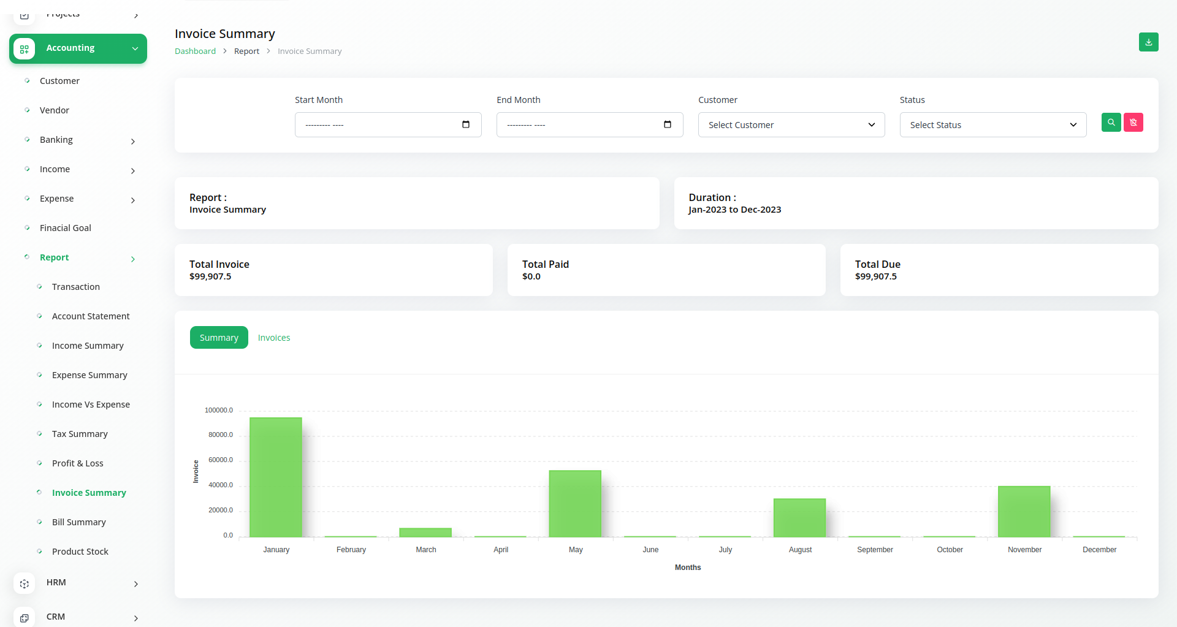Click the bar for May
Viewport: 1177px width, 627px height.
pos(575,503)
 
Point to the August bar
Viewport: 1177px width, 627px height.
pos(799,517)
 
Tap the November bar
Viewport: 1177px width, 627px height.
pos(1024,511)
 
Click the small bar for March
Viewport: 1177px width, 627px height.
pos(425,532)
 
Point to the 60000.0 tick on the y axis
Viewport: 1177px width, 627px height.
pos(221,460)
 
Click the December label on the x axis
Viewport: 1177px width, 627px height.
pos(1099,550)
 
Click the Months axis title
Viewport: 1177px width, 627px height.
pos(688,568)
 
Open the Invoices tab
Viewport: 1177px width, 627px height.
pos(274,338)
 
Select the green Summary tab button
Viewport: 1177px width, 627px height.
pos(219,338)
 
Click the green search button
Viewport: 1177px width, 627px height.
pos(1111,123)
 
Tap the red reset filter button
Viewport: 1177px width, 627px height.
pos(1133,123)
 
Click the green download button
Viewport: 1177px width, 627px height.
pos(1149,42)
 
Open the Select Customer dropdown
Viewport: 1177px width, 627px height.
pos(791,125)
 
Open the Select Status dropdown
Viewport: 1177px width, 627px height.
pos(993,125)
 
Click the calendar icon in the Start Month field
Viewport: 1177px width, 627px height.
pos(466,124)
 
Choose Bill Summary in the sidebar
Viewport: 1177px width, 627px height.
pos(79,522)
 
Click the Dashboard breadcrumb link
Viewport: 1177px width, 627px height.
pos(195,51)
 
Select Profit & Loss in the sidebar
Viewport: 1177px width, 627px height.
pos(78,463)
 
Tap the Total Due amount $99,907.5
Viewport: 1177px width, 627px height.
pos(876,276)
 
